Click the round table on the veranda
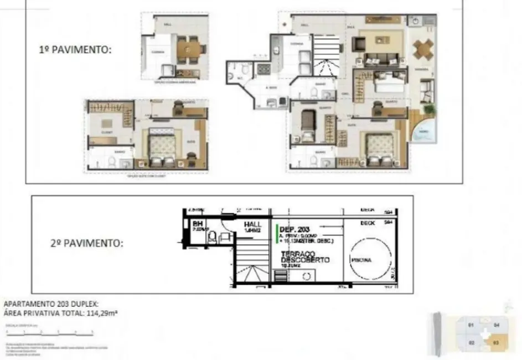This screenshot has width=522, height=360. click(x=423, y=49)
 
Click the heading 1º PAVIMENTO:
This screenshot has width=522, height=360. click(x=75, y=49)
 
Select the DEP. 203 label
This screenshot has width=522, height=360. click(x=294, y=228)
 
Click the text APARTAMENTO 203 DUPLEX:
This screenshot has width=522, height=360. click(x=51, y=304)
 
